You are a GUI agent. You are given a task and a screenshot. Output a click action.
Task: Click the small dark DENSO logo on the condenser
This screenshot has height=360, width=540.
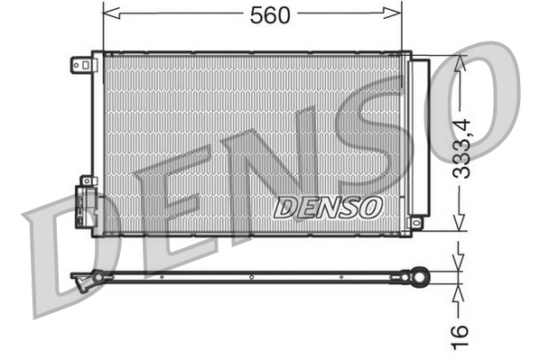pyautogui.click(x=328, y=208)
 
